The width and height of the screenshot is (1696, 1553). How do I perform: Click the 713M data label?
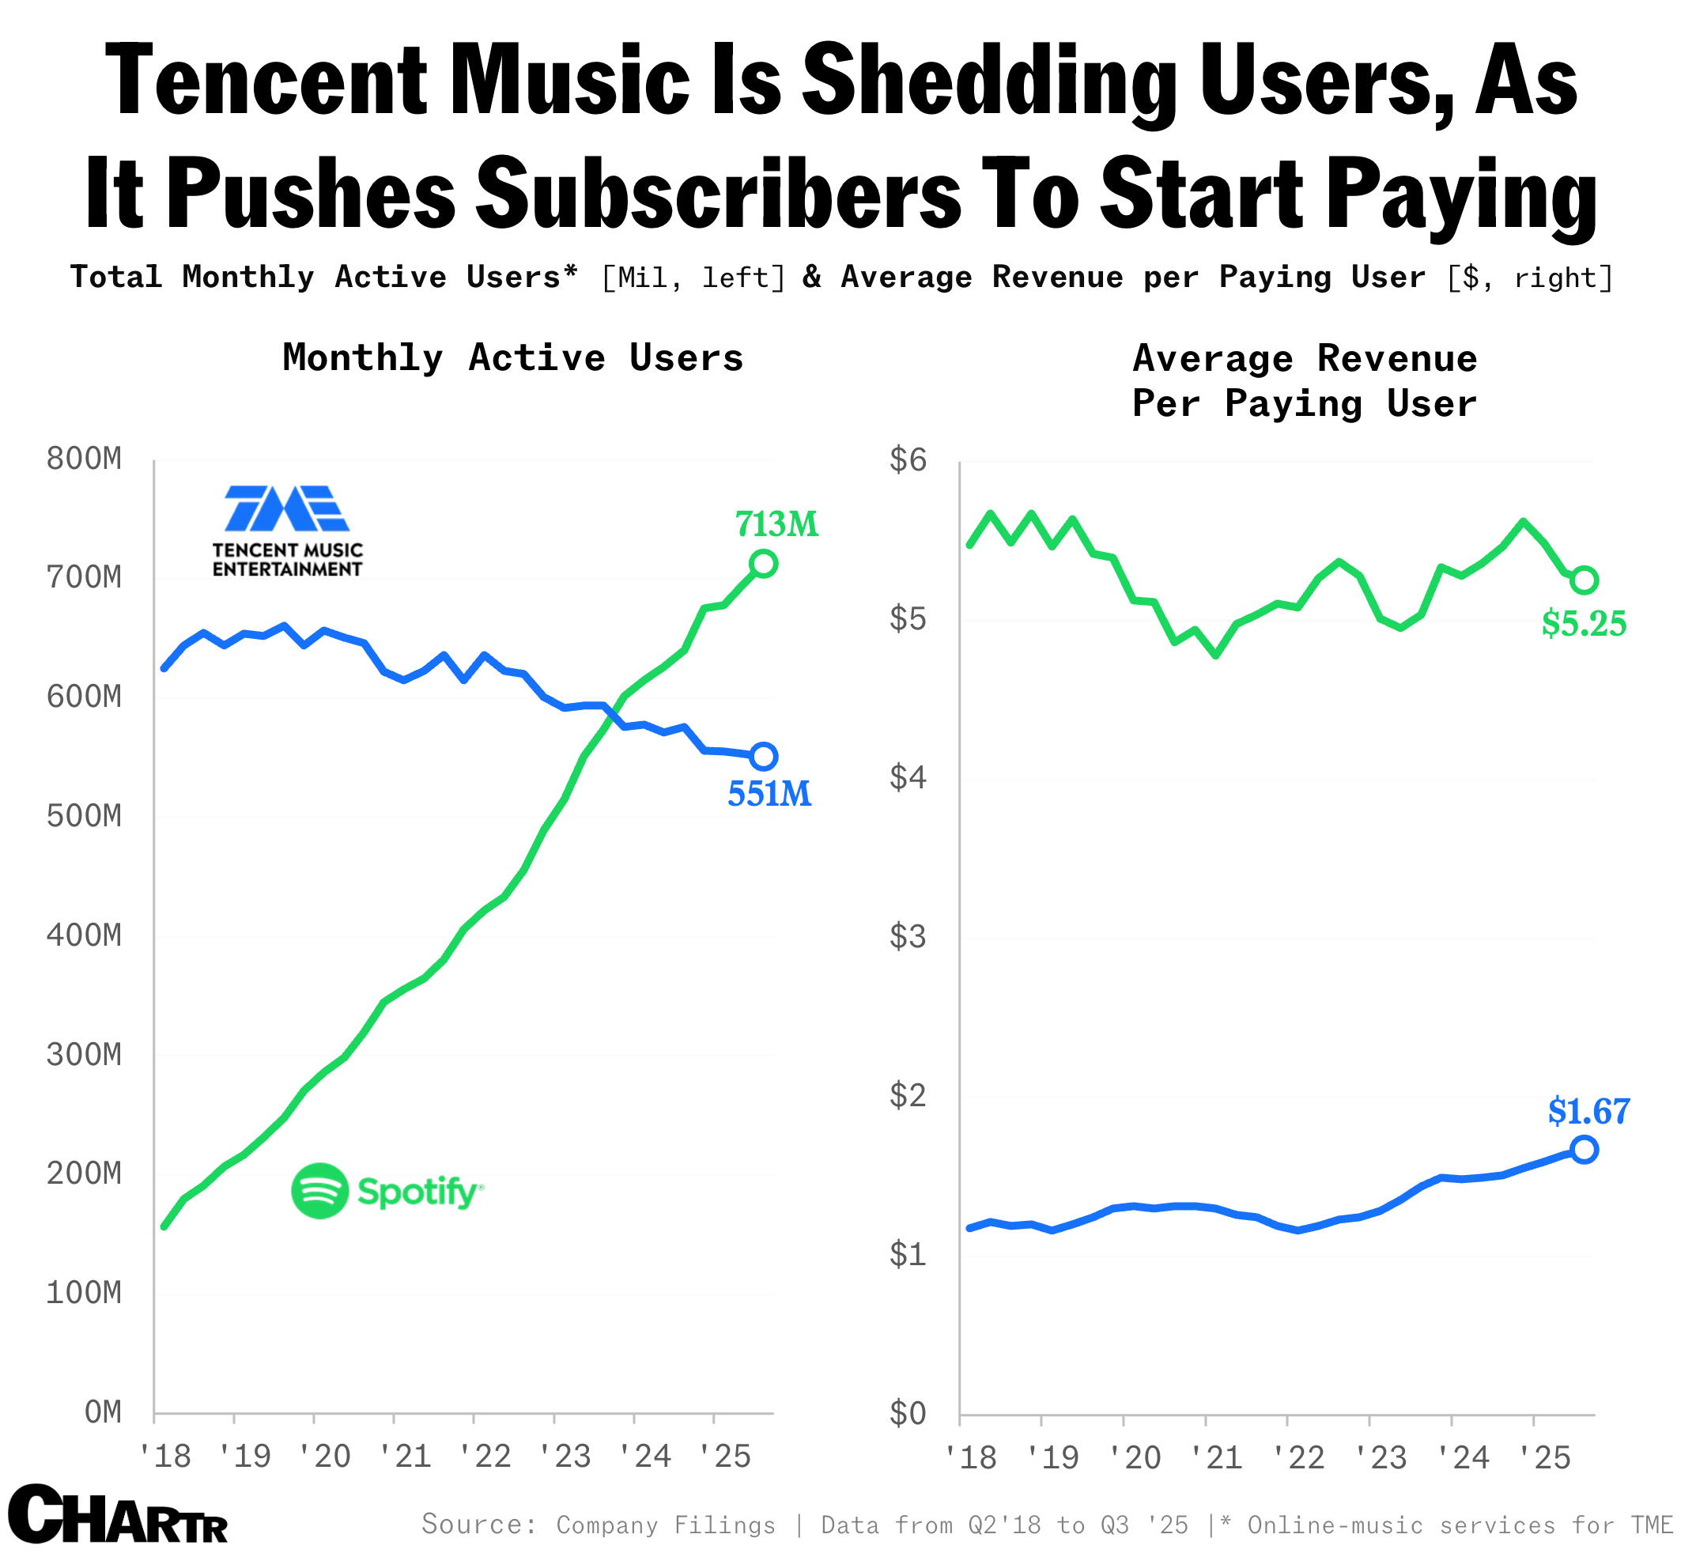(776, 525)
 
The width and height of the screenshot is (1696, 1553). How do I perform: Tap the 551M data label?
(769, 794)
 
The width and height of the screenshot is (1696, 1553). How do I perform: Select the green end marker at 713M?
(763, 564)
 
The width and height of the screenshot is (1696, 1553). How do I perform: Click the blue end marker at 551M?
(763, 756)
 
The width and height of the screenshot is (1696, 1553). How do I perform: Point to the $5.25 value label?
(1584, 624)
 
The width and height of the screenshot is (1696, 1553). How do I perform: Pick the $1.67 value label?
(1588, 1113)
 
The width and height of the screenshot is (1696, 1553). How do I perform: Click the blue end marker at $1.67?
(1584, 1150)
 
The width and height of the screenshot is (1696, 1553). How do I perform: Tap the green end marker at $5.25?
(1584, 580)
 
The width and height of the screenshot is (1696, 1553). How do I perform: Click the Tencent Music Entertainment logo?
(287, 530)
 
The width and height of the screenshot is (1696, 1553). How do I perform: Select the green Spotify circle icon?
(319, 1190)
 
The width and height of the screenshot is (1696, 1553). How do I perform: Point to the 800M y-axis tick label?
(84, 460)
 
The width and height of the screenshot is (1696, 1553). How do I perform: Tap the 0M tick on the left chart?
(103, 1412)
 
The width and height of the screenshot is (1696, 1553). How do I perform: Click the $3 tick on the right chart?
(908, 936)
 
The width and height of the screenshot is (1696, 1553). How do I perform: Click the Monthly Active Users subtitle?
(513, 358)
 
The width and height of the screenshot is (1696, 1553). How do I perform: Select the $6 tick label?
(908, 460)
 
